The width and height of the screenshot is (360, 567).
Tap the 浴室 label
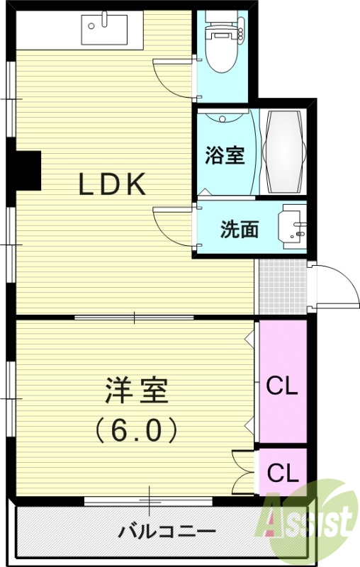coord(225,156)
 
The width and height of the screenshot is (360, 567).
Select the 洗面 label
coord(239,230)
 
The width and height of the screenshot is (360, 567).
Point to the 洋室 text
coord(136,392)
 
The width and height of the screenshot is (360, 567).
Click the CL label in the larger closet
coord(282,387)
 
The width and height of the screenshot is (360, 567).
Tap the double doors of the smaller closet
coord(244,471)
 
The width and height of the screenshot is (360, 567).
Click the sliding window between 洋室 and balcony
coord(148,501)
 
